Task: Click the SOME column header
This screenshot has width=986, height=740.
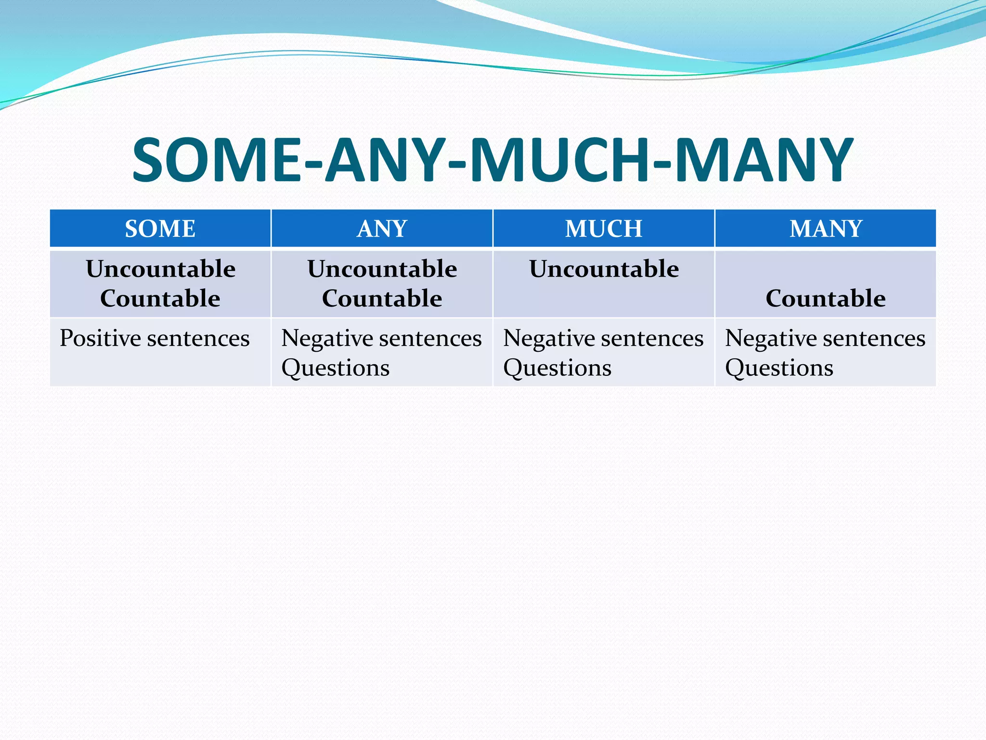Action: (x=160, y=228)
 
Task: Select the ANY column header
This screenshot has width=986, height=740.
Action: (x=382, y=228)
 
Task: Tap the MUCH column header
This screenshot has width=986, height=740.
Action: (x=603, y=228)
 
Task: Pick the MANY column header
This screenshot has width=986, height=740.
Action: (x=826, y=228)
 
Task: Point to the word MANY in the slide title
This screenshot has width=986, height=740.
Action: (x=764, y=160)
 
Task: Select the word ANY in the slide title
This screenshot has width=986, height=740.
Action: (x=385, y=160)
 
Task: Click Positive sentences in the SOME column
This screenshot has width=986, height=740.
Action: (x=155, y=338)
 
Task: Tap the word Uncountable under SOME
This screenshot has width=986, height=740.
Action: (x=160, y=269)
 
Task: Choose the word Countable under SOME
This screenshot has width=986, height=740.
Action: (x=160, y=299)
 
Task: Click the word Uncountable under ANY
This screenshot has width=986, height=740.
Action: (x=382, y=269)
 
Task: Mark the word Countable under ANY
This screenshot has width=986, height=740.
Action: (x=382, y=299)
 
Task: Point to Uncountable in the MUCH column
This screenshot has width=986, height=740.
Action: (x=604, y=269)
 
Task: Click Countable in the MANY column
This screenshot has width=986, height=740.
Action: (x=826, y=299)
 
